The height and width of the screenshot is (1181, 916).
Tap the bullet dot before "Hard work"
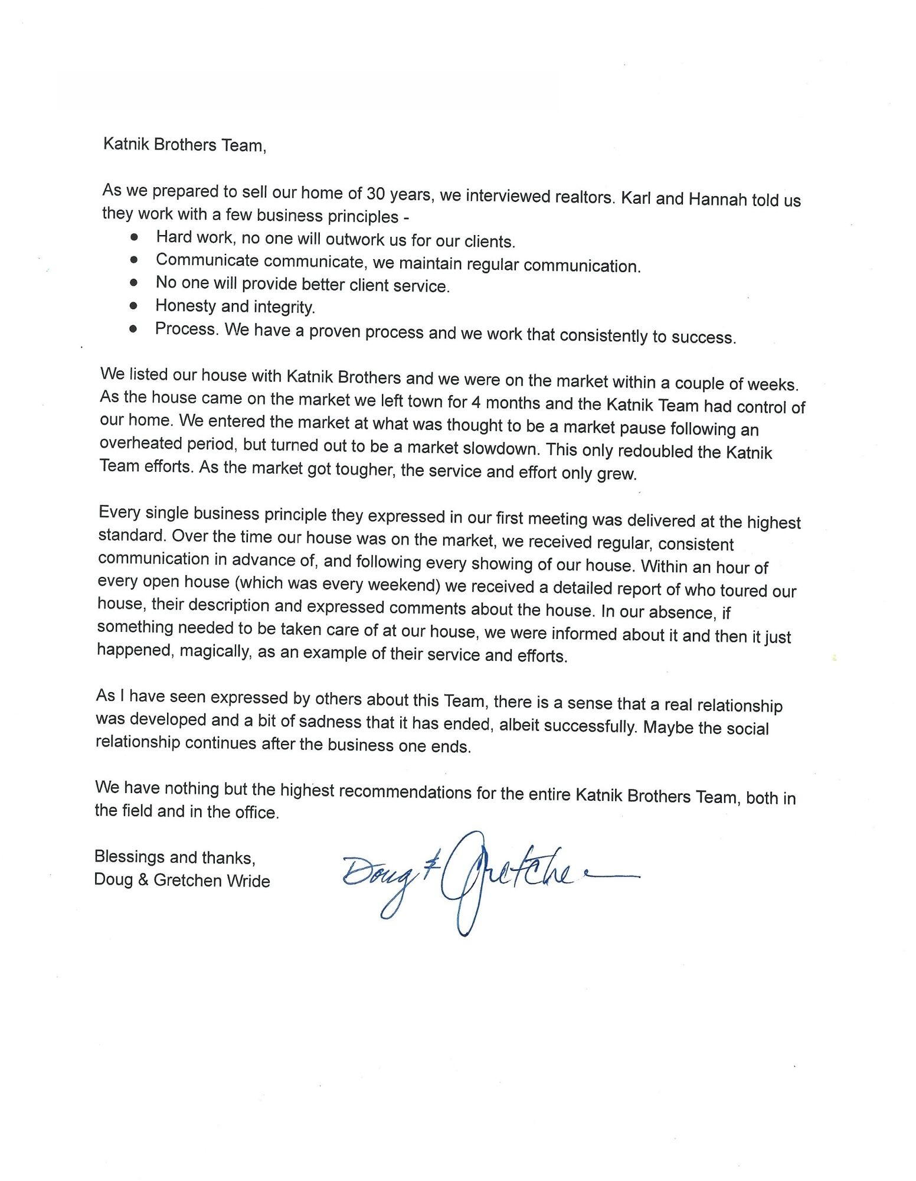coord(135,237)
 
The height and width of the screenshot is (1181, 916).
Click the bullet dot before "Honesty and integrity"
coord(135,305)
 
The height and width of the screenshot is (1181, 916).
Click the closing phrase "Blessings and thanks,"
coord(175,856)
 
